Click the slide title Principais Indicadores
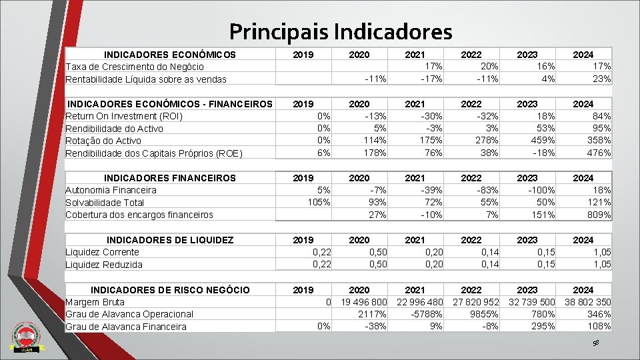pos(340,31)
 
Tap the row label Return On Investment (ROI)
pos(123,116)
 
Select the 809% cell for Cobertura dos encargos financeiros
pos(598,215)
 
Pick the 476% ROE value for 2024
pos(598,153)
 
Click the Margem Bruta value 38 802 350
pos(587,302)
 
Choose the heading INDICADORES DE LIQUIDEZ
pos(170,240)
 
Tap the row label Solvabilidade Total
pos(105,203)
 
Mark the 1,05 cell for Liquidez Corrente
pos(601,252)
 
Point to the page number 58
pos(597,343)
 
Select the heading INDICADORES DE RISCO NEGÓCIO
pos(170,289)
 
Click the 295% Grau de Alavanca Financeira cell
pos(543,326)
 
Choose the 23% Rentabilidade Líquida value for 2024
pos(601,79)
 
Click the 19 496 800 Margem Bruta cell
pos(364,302)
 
